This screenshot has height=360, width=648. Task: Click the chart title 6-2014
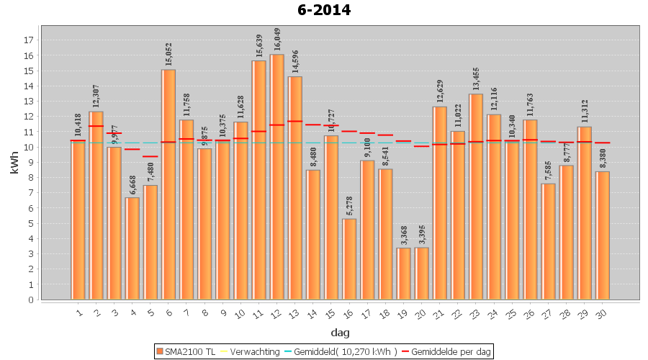coord(323,10)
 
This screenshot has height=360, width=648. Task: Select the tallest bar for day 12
coord(277,176)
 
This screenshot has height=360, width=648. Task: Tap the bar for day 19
coord(404,274)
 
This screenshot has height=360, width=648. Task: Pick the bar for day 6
coord(168,184)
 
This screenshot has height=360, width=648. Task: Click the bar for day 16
coord(349,259)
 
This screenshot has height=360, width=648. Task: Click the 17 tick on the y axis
coord(30,40)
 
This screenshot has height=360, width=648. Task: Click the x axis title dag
coord(340,333)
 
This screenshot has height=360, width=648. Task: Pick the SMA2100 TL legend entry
coord(185,351)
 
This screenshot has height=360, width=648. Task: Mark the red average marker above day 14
coord(313,125)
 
